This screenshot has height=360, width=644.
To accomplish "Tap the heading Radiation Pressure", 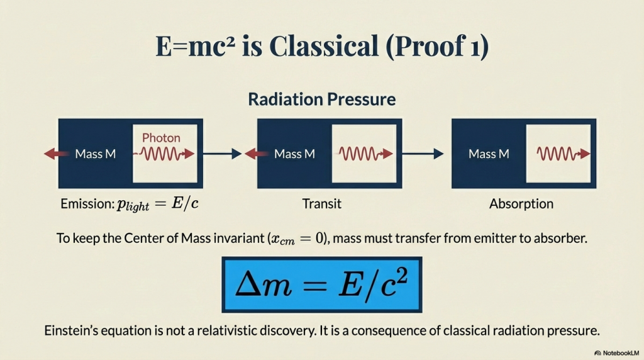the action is pos(321,99).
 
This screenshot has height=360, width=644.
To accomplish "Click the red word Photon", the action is pos(161,138).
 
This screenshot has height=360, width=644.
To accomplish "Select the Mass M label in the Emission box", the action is pos(96,154).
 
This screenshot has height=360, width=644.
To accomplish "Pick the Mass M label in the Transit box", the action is pos(294,154).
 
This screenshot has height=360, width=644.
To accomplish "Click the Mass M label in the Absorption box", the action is pos(489,154).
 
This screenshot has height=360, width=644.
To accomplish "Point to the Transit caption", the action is pos(321,204).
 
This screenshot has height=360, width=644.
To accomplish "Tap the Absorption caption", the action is pos(521,204).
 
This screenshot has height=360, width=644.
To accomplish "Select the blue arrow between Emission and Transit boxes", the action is pos(222,154).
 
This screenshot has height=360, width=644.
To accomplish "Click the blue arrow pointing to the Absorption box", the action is pos(423,154).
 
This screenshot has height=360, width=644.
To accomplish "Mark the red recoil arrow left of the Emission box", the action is pos(57,154).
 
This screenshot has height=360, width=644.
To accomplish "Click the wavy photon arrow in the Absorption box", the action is pos(563,154).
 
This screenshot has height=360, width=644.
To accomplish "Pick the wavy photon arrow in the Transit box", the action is pos(365,154).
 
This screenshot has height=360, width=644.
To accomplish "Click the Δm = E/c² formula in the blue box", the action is pos(321,285).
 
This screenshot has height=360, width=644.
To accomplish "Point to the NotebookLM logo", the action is pos(617,353).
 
